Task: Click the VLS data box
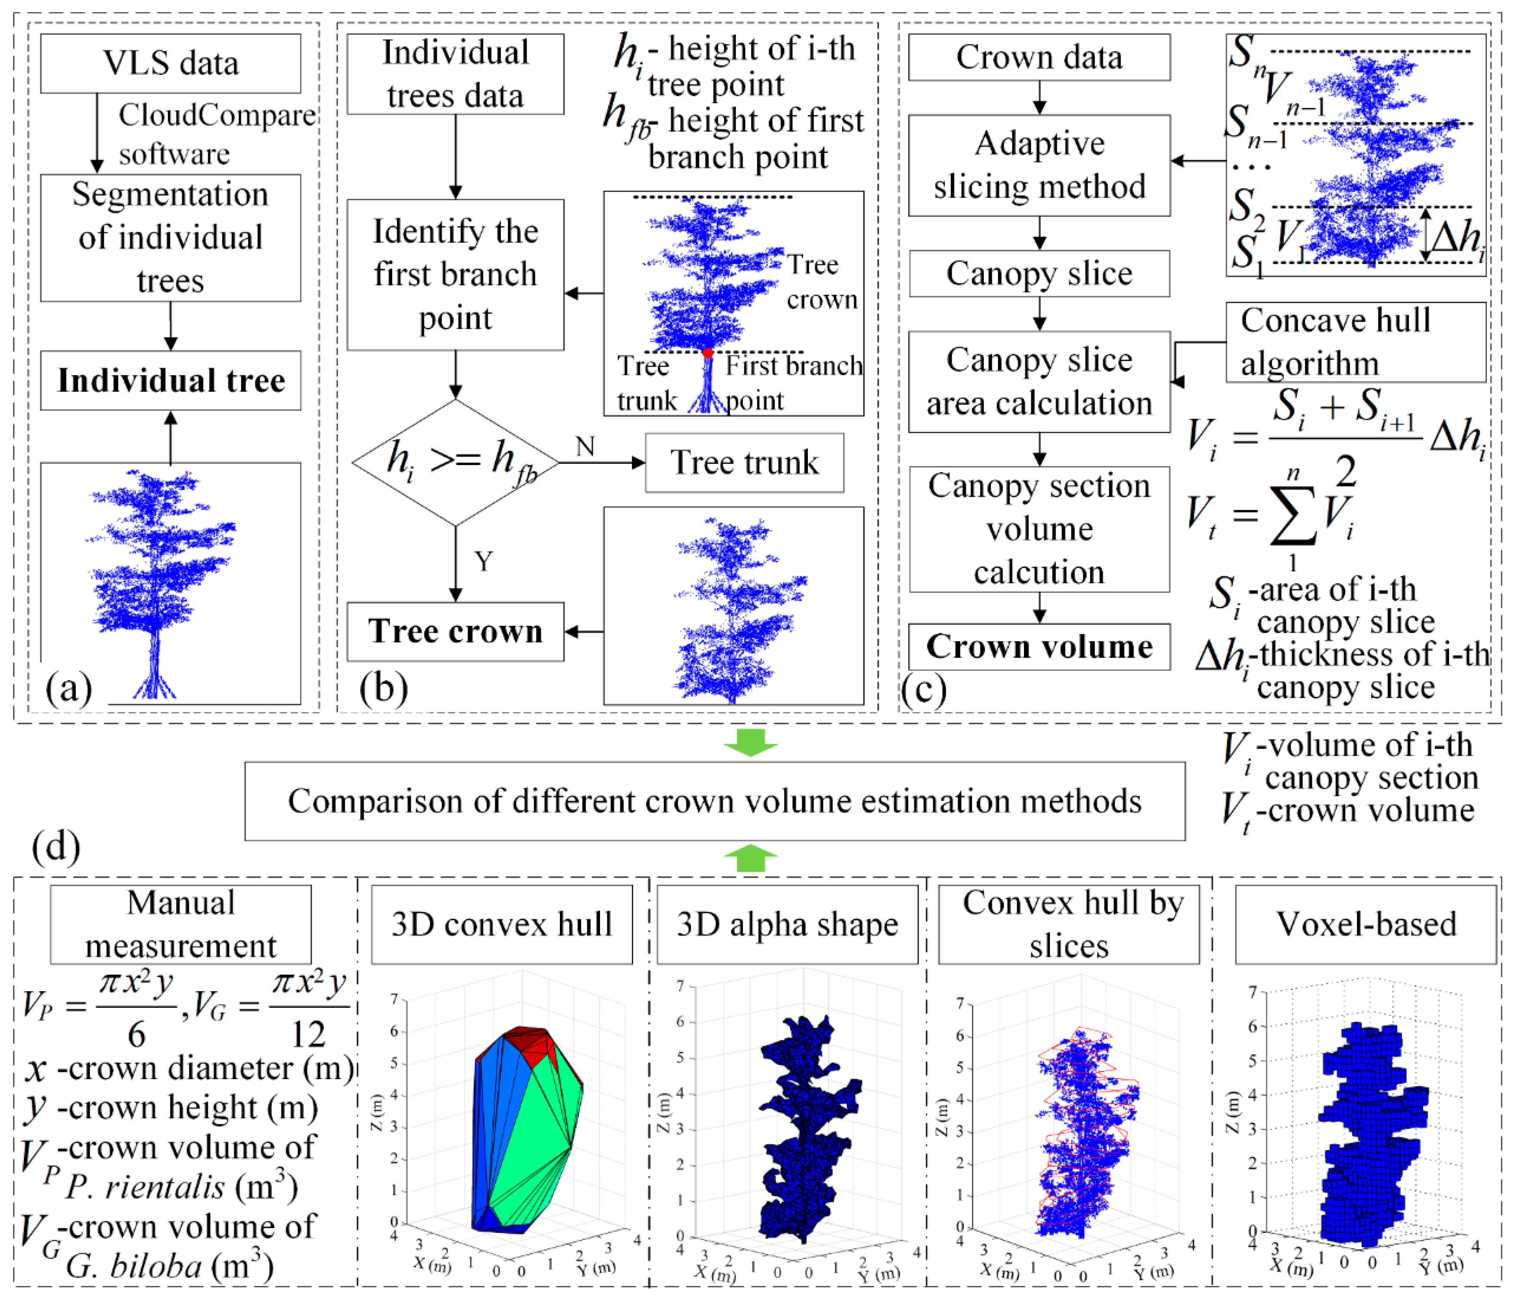point(170,63)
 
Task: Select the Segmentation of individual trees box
point(170,238)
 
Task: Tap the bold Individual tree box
point(170,380)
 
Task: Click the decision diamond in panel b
point(455,463)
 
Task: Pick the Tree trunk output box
point(744,463)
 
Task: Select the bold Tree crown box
point(455,631)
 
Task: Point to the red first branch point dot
point(707,353)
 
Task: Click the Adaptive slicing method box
point(1039,165)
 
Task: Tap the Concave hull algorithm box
point(1355,342)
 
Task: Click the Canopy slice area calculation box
point(1039,382)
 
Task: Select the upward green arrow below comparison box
point(750,857)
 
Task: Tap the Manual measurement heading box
point(181,925)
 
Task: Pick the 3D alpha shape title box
point(787,925)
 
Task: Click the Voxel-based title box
point(1366,925)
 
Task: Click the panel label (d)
point(56,847)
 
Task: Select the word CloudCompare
point(216,115)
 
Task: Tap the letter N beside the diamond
point(585,446)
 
